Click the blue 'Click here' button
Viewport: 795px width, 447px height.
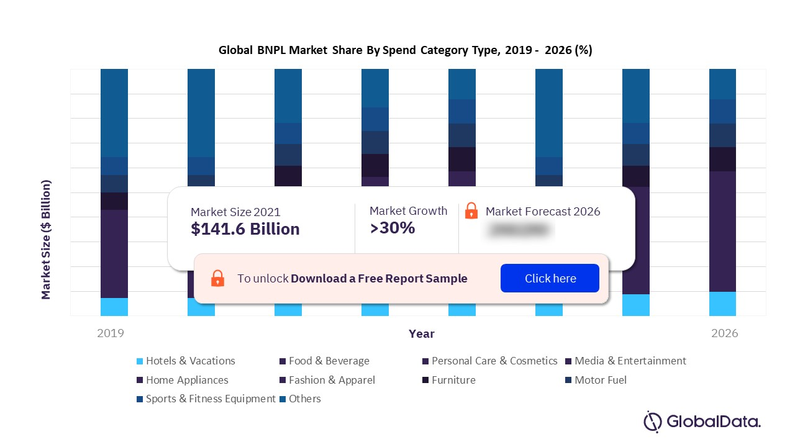tap(550, 278)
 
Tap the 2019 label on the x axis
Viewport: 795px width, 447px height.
tap(111, 333)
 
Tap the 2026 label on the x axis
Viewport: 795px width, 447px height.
tap(724, 333)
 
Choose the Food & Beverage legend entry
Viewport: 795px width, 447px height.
tap(324, 361)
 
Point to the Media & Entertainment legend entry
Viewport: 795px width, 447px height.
tap(625, 361)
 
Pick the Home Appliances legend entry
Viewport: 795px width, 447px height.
tap(182, 380)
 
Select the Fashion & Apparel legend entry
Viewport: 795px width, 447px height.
tap(327, 380)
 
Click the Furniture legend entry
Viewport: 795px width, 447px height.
tap(448, 380)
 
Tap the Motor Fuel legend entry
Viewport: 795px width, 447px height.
tap(596, 380)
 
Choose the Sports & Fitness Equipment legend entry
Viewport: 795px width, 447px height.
tap(206, 399)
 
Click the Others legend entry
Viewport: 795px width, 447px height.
tap(300, 399)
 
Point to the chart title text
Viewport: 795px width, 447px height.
tap(405, 50)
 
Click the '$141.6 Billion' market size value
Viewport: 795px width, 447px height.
tap(245, 229)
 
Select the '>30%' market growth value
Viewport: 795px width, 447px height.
tap(392, 228)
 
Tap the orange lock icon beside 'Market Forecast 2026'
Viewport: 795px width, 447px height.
tap(471, 211)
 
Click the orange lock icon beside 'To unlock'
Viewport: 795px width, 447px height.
tap(217, 278)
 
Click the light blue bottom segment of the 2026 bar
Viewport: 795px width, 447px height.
tap(722, 304)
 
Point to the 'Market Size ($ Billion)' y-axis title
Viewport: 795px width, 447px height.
tap(46, 240)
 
